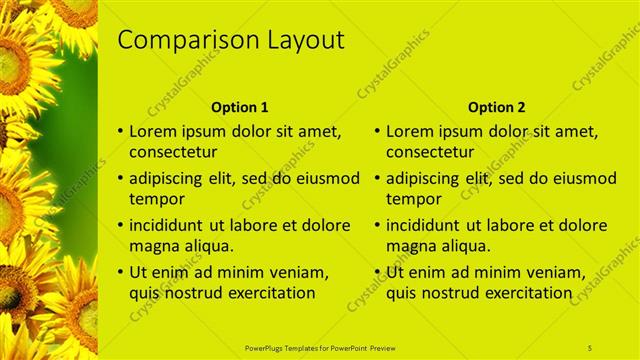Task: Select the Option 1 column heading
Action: (x=240, y=107)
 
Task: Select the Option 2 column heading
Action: (x=497, y=107)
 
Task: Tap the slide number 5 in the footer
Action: (x=590, y=347)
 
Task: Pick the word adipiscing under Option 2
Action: (x=422, y=178)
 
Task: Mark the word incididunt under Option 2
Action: (x=423, y=225)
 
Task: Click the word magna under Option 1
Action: (x=153, y=246)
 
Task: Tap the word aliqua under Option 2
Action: (x=467, y=246)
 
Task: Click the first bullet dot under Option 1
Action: (x=121, y=131)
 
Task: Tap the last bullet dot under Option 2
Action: (x=378, y=272)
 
